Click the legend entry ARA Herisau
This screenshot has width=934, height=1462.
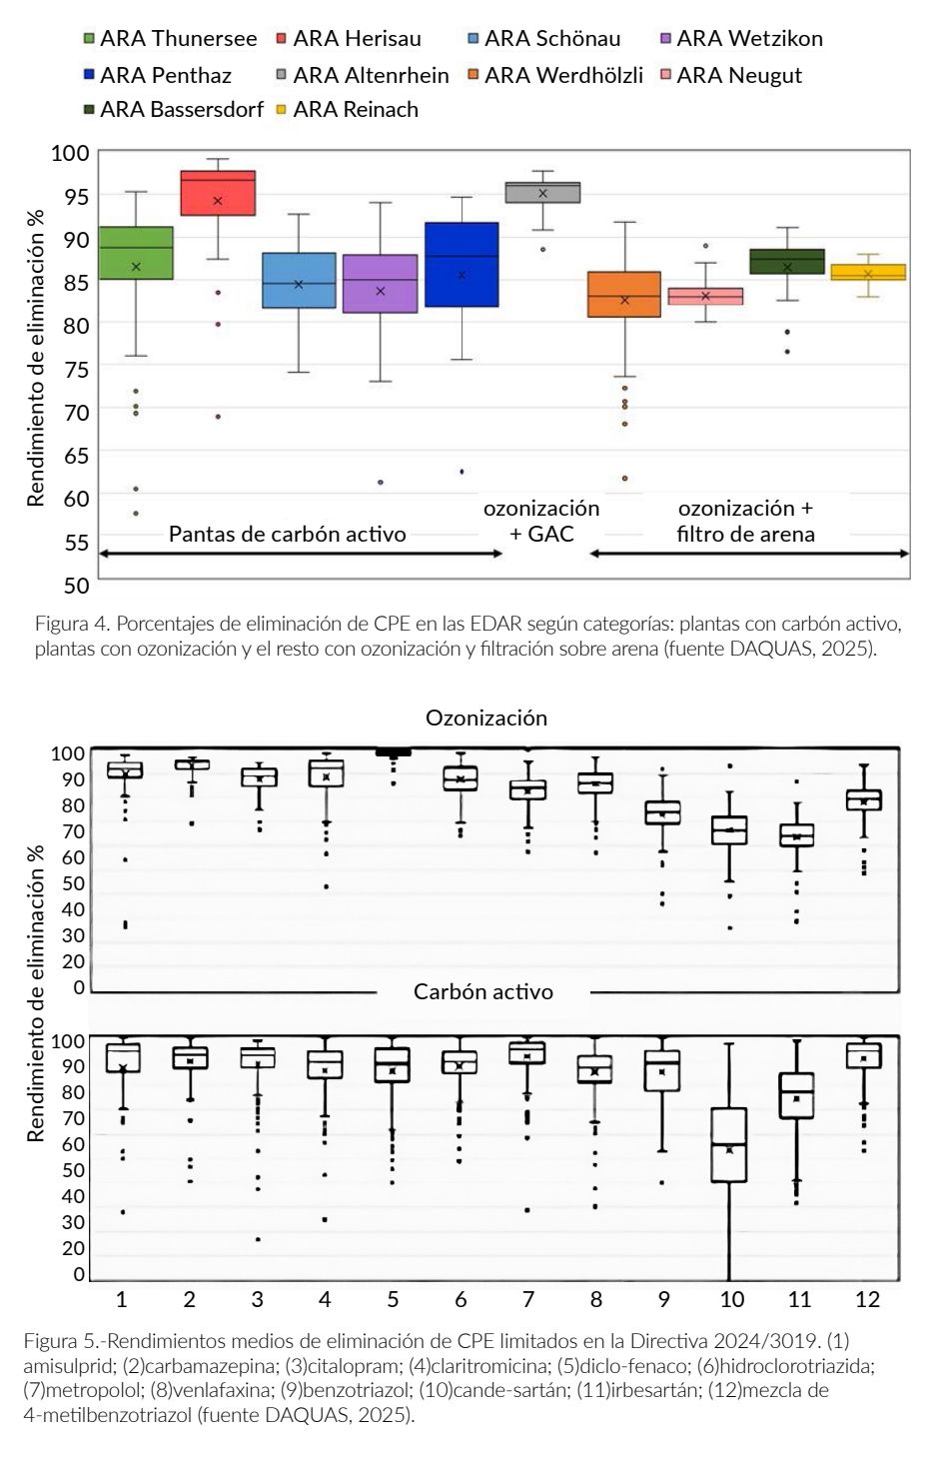[x=350, y=39]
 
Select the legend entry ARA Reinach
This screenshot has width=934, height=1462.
[x=349, y=109]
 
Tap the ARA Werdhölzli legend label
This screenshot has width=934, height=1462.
[x=555, y=75]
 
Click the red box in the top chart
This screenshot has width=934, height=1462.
[x=218, y=193]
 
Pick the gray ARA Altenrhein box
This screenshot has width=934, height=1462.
[x=542, y=193]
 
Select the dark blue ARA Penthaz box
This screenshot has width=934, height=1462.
[x=462, y=265]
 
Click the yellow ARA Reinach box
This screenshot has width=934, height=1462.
[x=868, y=272]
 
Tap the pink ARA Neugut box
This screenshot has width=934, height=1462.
[x=705, y=297]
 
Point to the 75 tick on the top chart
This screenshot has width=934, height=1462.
[x=76, y=369]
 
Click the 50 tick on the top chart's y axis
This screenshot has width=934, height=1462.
[x=76, y=585]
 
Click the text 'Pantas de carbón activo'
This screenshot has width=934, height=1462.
[x=287, y=534]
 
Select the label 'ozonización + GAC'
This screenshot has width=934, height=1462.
[x=541, y=521]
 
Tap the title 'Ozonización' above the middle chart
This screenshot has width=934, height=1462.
[x=486, y=718]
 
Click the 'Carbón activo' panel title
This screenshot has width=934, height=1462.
[x=483, y=991]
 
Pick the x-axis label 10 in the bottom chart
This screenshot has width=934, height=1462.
[x=732, y=1298]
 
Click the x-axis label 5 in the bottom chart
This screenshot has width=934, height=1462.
[x=393, y=1298]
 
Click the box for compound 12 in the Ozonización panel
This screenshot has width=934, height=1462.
[x=864, y=800]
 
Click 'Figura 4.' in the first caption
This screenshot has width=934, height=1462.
[x=72, y=624]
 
